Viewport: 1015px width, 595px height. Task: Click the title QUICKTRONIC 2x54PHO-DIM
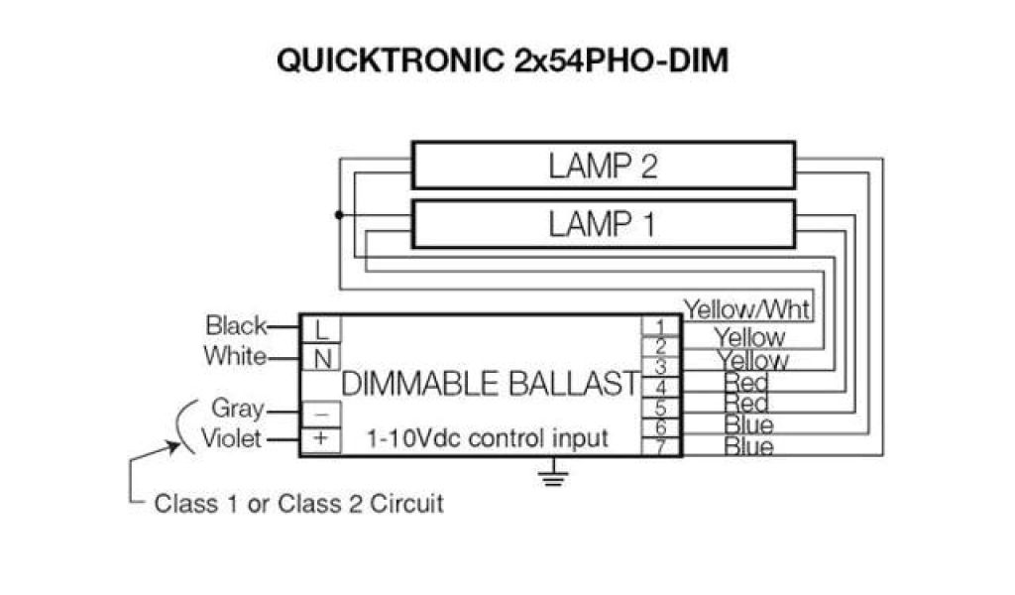click(x=503, y=60)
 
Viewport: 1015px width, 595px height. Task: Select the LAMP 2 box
click(x=603, y=165)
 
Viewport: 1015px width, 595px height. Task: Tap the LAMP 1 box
click(x=603, y=224)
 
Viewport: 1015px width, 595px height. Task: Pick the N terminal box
click(x=321, y=358)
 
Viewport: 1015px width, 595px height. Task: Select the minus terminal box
click(x=321, y=410)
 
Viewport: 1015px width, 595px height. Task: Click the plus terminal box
click(x=321, y=438)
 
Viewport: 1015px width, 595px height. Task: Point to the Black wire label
click(x=236, y=325)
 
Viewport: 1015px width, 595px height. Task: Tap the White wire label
click(x=235, y=355)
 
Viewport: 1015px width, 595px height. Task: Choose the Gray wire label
click(x=238, y=408)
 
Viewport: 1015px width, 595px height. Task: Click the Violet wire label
click(x=233, y=437)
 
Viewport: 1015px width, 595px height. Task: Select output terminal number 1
click(x=661, y=326)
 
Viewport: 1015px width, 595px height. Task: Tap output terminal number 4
click(x=661, y=387)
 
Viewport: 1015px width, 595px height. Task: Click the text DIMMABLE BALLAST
click(x=490, y=384)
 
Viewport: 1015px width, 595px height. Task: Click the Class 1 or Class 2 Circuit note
click(x=298, y=503)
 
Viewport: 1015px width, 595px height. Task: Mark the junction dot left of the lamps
click(x=339, y=215)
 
